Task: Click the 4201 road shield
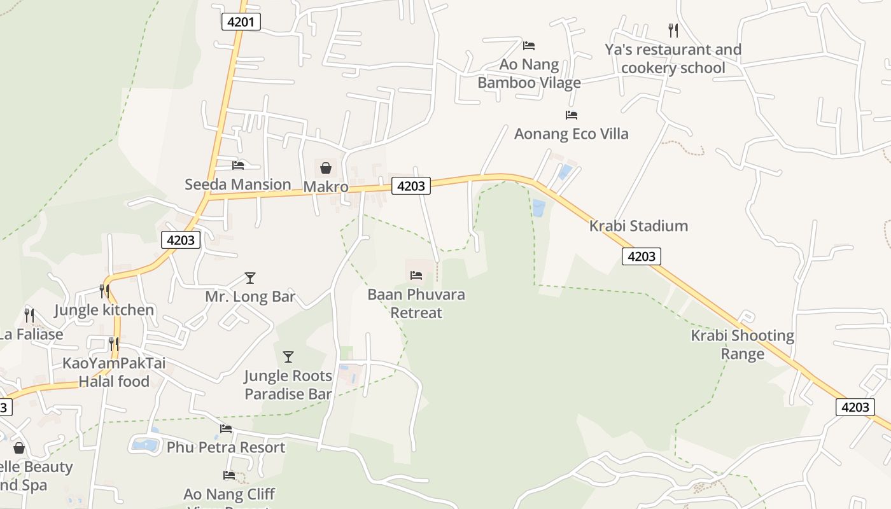241,22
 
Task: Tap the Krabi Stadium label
638,226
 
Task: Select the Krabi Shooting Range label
743,344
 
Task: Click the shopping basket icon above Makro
326,168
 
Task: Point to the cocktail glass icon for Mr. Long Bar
250,278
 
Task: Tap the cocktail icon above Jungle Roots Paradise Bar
288,357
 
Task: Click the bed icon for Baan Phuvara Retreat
416,275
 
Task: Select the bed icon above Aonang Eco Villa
572,115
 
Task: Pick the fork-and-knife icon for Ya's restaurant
673,30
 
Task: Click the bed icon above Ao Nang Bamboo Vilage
529,46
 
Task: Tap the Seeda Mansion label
238,185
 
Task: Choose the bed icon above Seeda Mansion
238,165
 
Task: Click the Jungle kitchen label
104,310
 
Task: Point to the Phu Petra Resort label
226,447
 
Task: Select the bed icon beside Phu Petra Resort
226,429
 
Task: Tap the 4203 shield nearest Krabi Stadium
641,256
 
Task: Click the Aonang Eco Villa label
571,134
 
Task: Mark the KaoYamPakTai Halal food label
114,372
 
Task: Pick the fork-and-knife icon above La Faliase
29,315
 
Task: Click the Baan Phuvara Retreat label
416,303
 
